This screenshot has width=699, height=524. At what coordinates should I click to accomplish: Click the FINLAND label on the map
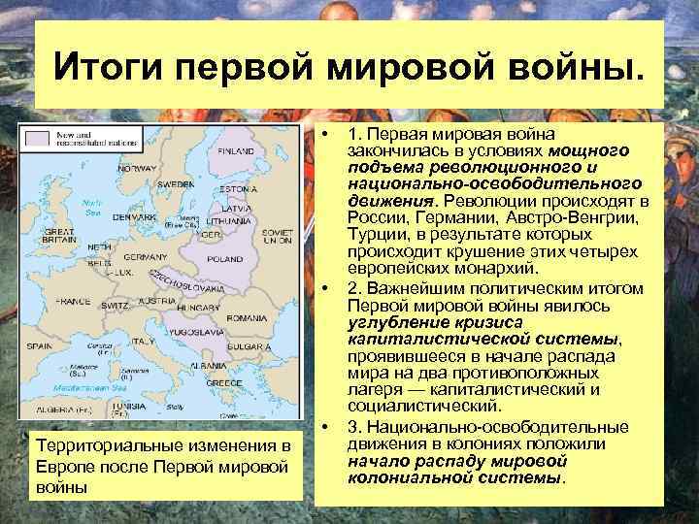[x=236, y=151]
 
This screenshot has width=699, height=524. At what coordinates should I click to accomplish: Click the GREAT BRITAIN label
[x=44, y=238]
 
